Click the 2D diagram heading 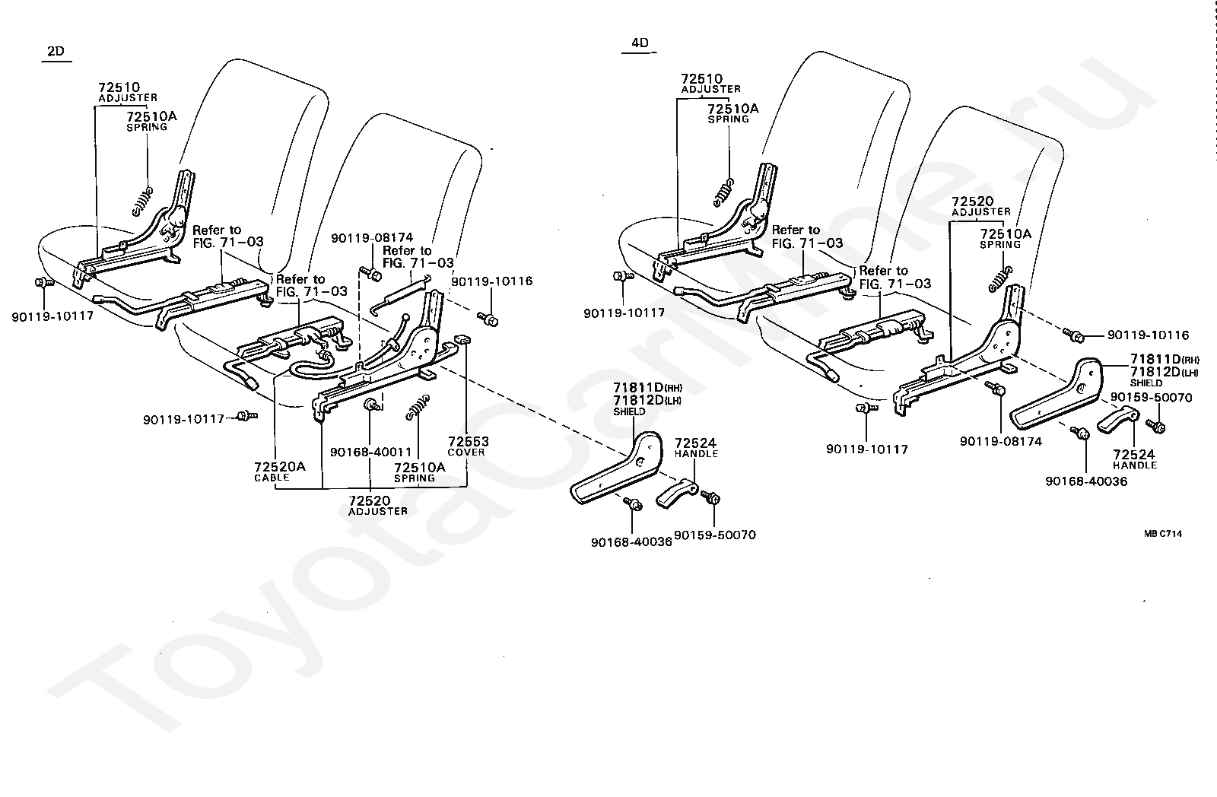click(56, 52)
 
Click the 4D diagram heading click(640, 43)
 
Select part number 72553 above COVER click(468, 442)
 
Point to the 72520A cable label click(279, 466)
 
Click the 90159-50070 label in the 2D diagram click(715, 535)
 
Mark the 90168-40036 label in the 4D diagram click(1085, 481)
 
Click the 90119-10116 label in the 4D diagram click(1148, 335)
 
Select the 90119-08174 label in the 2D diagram click(372, 238)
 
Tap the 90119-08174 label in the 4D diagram click(1001, 440)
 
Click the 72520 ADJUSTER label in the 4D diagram click(981, 205)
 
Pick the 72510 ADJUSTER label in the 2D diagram click(127, 92)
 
